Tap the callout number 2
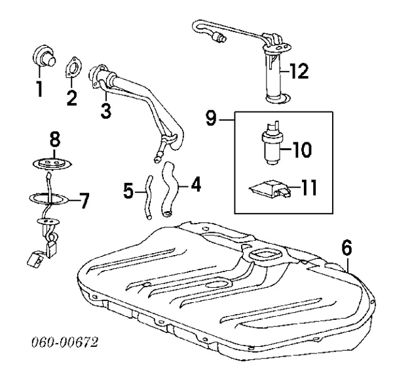click(x=71, y=98)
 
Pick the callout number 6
click(x=346, y=248)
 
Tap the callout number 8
click(x=55, y=140)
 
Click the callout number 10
click(x=302, y=150)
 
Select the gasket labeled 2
click(x=73, y=69)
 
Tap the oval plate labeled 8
click(x=52, y=161)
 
